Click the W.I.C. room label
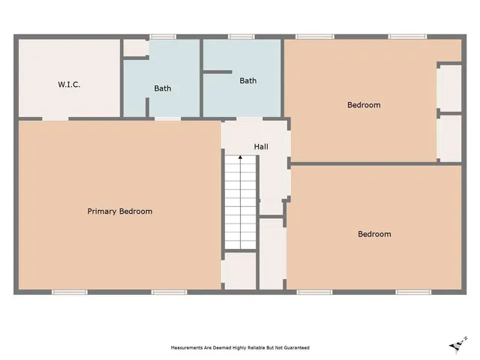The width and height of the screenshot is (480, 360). point(69,85)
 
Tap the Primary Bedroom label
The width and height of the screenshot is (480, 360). point(120,211)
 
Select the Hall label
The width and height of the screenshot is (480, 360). point(261,146)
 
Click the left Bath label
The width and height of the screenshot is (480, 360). point(163,88)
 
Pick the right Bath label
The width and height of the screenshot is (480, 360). point(248,80)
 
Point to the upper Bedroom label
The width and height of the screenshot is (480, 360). point(364,105)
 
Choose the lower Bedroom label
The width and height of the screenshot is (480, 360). point(374,234)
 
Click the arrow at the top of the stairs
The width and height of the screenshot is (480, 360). point(240,157)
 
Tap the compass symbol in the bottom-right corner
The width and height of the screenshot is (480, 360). point(454,345)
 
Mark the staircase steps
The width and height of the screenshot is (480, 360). point(240,202)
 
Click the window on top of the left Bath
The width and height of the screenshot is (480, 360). point(163,37)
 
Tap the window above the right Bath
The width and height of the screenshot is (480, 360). point(241,37)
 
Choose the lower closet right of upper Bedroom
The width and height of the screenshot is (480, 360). point(449,137)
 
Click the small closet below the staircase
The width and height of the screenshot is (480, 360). point(240,270)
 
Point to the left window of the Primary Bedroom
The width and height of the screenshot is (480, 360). point(64,292)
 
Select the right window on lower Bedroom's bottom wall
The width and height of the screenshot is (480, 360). point(412,292)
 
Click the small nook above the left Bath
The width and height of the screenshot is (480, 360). point(136,48)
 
